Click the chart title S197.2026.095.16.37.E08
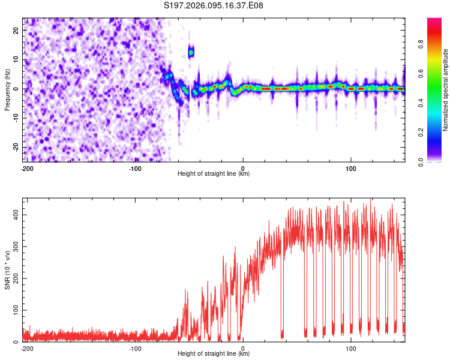(x=214, y=5)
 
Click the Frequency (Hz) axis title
(x=7, y=89)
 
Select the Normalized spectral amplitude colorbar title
(x=446, y=90)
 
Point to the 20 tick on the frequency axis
(x=17, y=30)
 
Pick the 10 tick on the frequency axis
(x=17, y=59)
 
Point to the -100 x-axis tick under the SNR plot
(x=135, y=348)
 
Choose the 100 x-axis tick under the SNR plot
(x=351, y=348)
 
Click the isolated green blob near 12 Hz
(x=191, y=52)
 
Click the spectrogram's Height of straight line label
(x=214, y=174)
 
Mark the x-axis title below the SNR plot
(x=214, y=354)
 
